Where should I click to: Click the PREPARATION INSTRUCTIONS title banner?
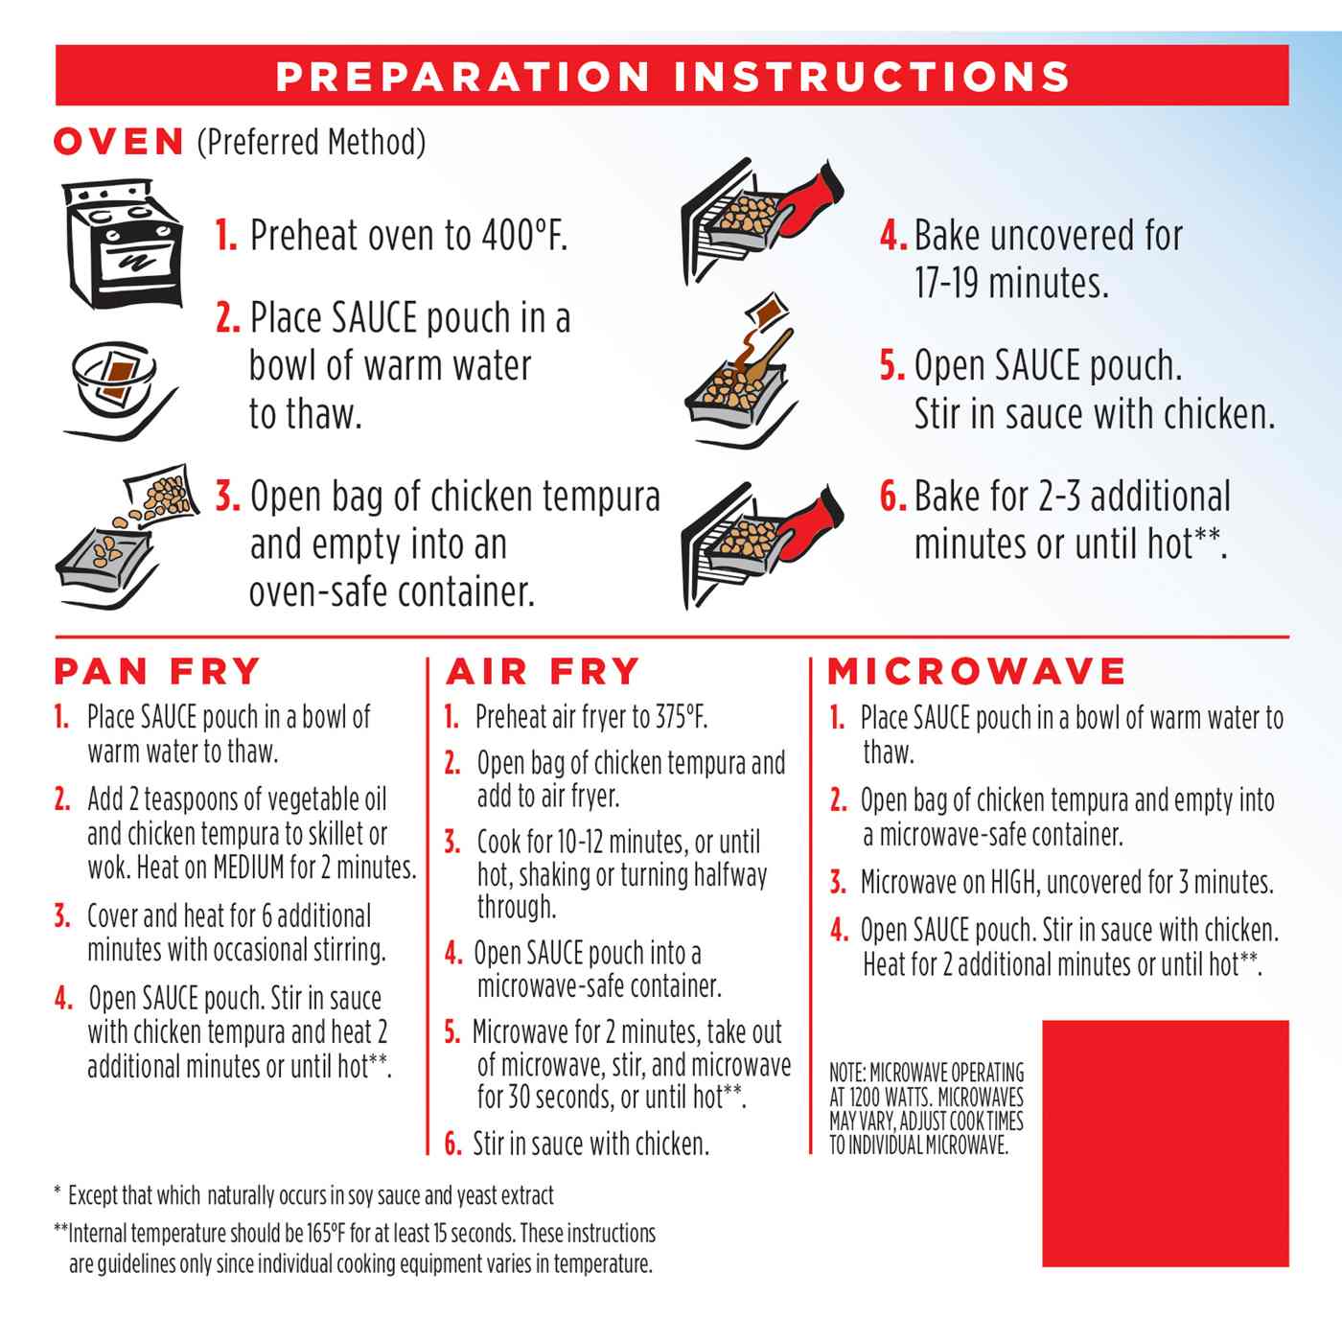coord(671,76)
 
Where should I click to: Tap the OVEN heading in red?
coord(119,142)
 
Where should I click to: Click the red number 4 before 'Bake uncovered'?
coord(891,236)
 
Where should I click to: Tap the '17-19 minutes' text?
coord(1010,284)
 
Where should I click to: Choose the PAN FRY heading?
coord(157,671)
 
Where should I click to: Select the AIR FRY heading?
coord(543,671)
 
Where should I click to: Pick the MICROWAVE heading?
coord(977,671)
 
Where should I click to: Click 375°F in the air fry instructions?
coord(681,717)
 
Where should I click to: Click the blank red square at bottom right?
coord(1165,1143)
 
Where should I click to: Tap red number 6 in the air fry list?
coord(453,1145)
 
